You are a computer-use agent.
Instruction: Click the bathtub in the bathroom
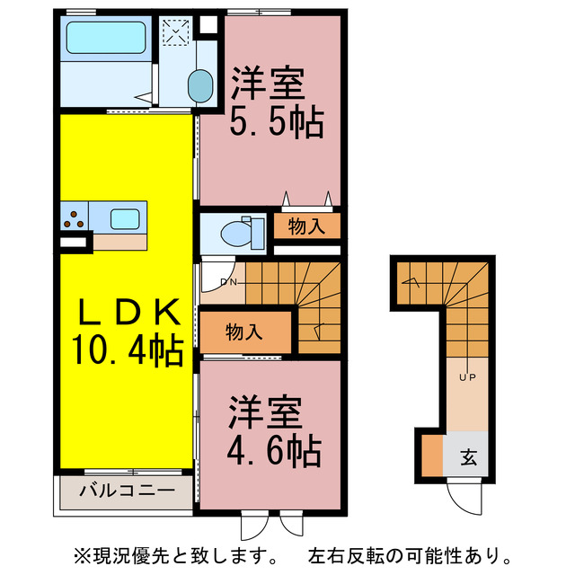(x=106, y=39)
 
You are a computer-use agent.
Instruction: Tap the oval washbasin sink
(x=199, y=88)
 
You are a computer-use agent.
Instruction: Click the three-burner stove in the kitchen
(x=75, y=217)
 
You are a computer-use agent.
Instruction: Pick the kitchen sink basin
(x=124, y=217)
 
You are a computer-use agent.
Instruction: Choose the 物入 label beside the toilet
(x=307, y=227)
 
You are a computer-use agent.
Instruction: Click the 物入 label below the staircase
(x=244, y=332)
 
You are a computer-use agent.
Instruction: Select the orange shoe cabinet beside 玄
(x=432, y=456)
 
